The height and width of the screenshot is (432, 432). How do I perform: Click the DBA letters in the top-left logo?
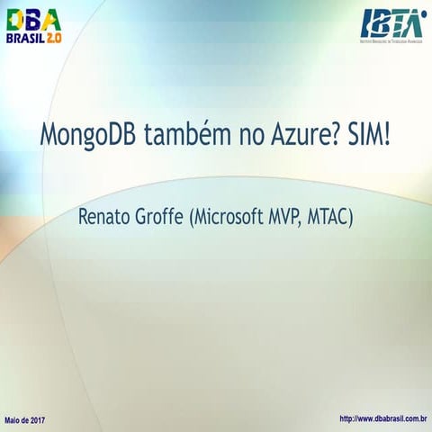pyautogui.click(x=35, y=21)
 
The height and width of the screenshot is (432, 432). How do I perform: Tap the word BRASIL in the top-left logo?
pyautogui.click(x=26, y=42)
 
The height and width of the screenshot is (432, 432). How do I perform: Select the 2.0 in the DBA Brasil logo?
pyautogui.click(x=55, y=42)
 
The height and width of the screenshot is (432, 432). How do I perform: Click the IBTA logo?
pyautogui.click(x=393, y=23)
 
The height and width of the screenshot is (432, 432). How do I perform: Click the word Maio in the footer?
pyautogui.click(x=15, y=420)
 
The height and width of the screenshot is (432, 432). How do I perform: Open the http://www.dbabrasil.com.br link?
pyautogui.click(x=382, y=419)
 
